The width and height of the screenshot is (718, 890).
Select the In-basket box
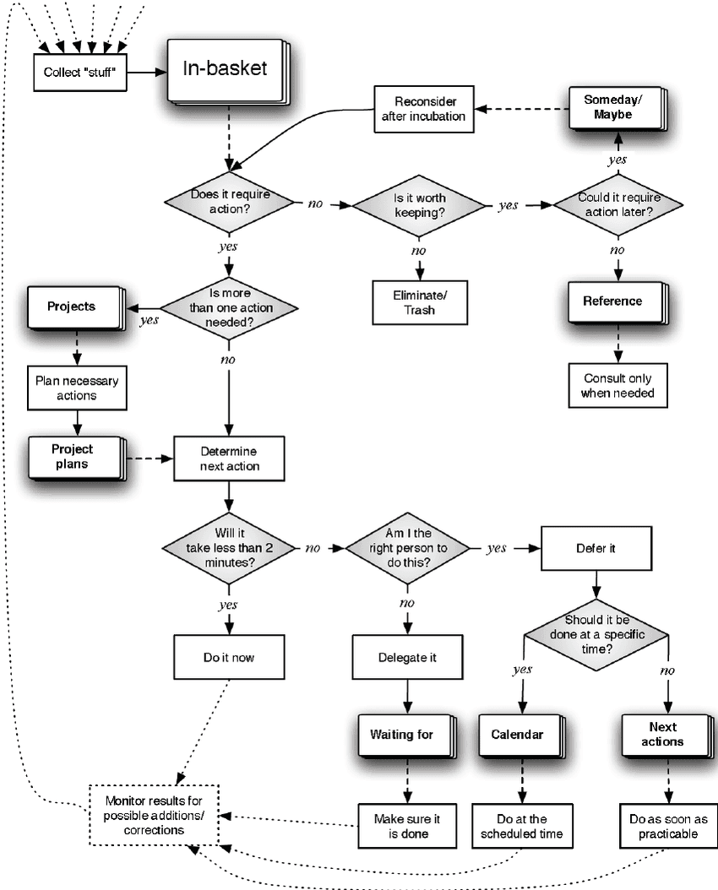click(225, 69)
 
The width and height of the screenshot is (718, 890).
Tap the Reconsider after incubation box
click(423, 108)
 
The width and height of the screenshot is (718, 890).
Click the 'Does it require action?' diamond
click(229, 201)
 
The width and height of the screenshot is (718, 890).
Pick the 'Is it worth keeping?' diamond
click(419, 205)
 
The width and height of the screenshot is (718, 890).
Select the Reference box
click(612, 301)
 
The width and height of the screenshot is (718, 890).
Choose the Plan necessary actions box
click(77, 388)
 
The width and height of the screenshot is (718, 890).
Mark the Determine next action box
click(230, 459)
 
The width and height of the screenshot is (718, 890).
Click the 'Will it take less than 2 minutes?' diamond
click(229, 547)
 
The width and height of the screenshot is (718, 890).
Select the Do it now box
click(228, 658)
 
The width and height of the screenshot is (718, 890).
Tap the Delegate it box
click(409, 658)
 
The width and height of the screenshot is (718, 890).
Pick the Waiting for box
click(402, 735)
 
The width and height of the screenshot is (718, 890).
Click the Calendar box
click(517, 735)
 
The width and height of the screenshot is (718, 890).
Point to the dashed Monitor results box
click(155, 815)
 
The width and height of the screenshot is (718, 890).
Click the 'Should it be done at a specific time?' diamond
click(596, 634)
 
